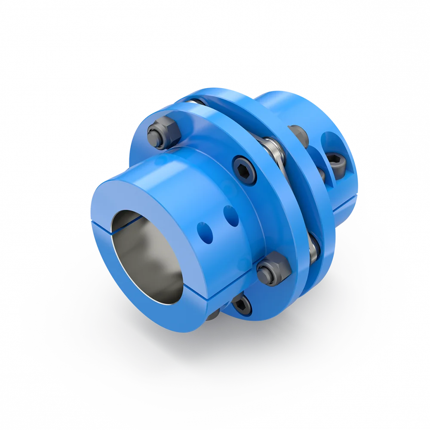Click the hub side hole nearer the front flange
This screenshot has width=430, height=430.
coord(231,215)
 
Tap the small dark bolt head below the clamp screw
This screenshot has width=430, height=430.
coord(320,173)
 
